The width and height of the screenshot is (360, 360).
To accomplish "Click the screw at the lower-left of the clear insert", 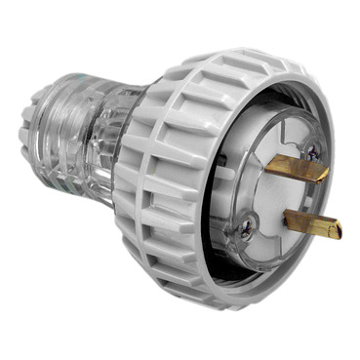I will pos(248,227).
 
